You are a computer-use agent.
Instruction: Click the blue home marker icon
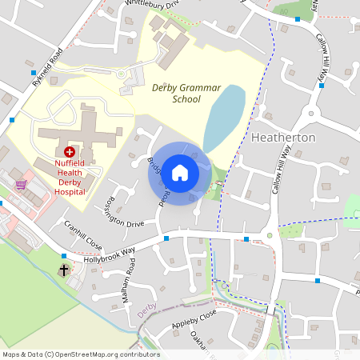click(x=180, y=173)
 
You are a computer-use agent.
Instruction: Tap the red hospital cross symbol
click(x=69, y=151)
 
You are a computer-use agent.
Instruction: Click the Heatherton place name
click(x=283, y=138)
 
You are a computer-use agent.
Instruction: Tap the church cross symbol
click(x=63, y=270)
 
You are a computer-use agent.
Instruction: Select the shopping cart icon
click(x=21, y=184)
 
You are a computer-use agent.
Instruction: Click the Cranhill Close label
click(x=83, y=235)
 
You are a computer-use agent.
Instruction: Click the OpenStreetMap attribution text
click(x=81, y=354)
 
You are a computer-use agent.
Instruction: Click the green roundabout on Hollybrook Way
click(x=270, y=235)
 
